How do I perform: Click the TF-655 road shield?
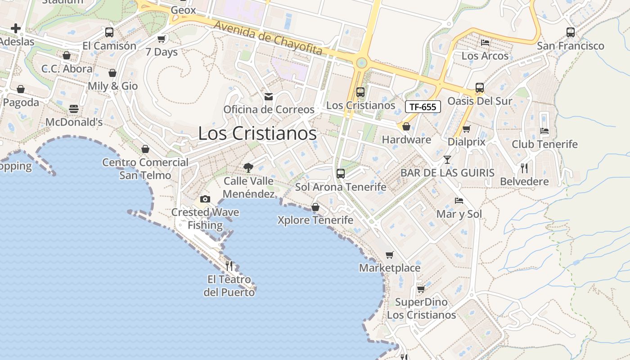pyautogui.click(x=423, y=107)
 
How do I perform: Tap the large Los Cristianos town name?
pyautogui.click(x=257, y=134)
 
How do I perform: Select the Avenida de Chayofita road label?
pyautogui.click(x=268, y=38)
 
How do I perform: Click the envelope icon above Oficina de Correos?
pyautogui.click(x=269, y=96)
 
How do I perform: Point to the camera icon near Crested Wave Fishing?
pyautogui.click(x=205, y=199)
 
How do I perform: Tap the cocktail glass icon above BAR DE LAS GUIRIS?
pyautogui.click(x=447, y=160)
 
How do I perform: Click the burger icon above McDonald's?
pyautogui.click(x=74, y=109)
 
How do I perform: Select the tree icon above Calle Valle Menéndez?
pyautogui.click(x=248, y=168)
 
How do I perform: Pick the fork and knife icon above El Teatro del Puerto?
pyautogui.click(x=229, y=266)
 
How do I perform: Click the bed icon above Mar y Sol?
pyautogui.click(x=459, y=201)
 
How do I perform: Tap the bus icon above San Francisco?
pyautogui.click(x=571, y=32)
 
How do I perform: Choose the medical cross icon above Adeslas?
pyautogui.click(x=16, y=28)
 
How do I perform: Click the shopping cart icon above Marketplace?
pyautogui.click(x=390, y=255)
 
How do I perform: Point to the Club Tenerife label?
pyautogui.click(x=544, y=144)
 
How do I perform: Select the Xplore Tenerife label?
pyautogui.click(x=315, y=220)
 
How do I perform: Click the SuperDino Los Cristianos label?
pyautogui.click(x=422, y=308)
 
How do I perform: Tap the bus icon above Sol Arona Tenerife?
pyautogui.click(x=341, y=174)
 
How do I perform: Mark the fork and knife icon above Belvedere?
pyautogui.click(x=524, y=168)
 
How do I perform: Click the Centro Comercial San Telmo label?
pyautogui.click(x=145, y=169)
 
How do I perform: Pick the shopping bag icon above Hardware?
pyautogui.click(x=406, y=127)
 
